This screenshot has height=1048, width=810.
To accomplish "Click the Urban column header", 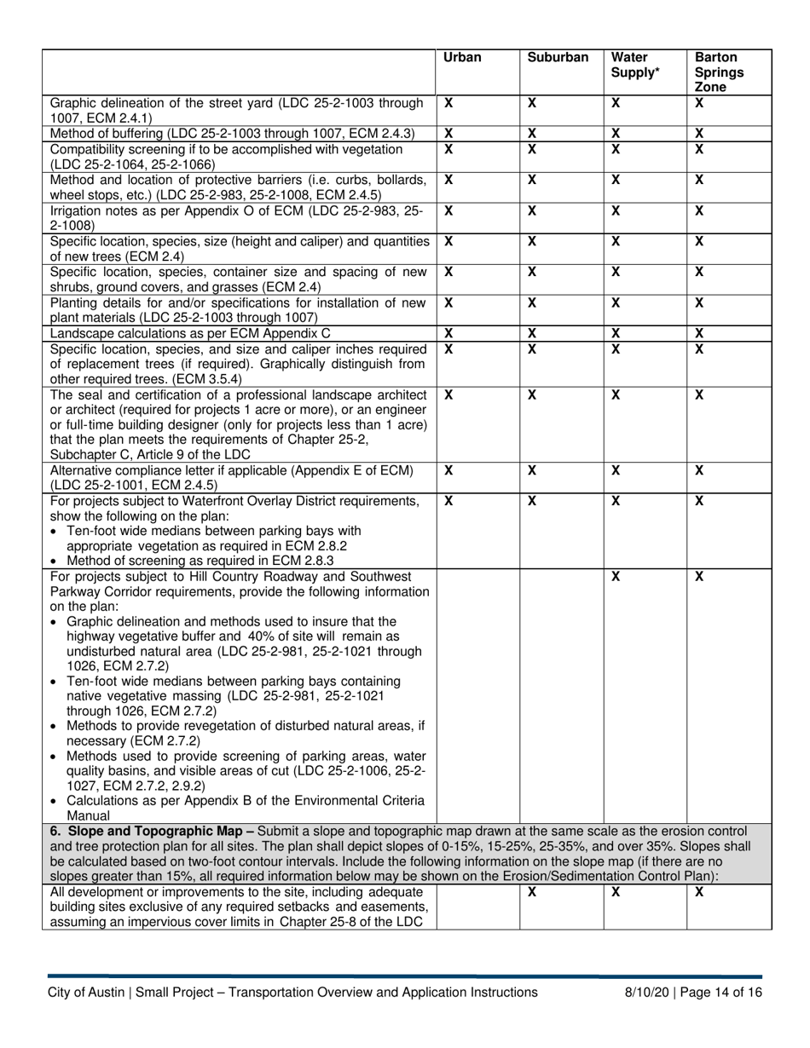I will click(462, 58).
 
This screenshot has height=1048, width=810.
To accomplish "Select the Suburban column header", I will click(558, 58).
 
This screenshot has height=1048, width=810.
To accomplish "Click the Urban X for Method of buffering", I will click(449, 133).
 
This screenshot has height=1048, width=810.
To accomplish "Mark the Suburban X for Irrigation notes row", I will click(531, 210).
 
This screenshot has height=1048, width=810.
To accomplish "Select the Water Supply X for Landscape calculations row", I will click(615, 334).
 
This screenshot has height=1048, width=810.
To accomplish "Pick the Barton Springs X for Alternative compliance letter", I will click(698, 470).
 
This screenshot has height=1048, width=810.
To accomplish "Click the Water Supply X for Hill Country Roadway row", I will click(616, 577).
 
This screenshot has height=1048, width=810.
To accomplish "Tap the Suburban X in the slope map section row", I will click(531, 892).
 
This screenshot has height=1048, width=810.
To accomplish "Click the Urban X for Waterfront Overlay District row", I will click(449, 501).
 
